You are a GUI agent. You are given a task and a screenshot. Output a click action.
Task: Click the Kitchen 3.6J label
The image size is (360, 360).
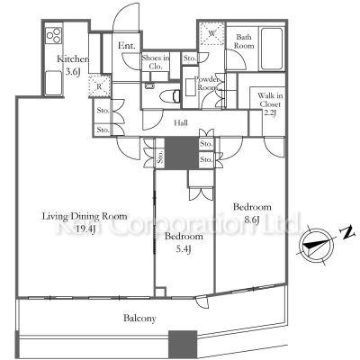73,66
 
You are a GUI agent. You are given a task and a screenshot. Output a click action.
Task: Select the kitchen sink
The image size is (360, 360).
49,73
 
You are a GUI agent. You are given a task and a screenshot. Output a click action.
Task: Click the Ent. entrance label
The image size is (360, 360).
125,44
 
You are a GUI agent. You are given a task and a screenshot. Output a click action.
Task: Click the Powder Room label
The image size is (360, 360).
210,83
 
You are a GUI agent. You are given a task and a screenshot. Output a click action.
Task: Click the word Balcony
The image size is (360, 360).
139,318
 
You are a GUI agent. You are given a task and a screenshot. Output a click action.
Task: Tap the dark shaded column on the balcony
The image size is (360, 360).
182,342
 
